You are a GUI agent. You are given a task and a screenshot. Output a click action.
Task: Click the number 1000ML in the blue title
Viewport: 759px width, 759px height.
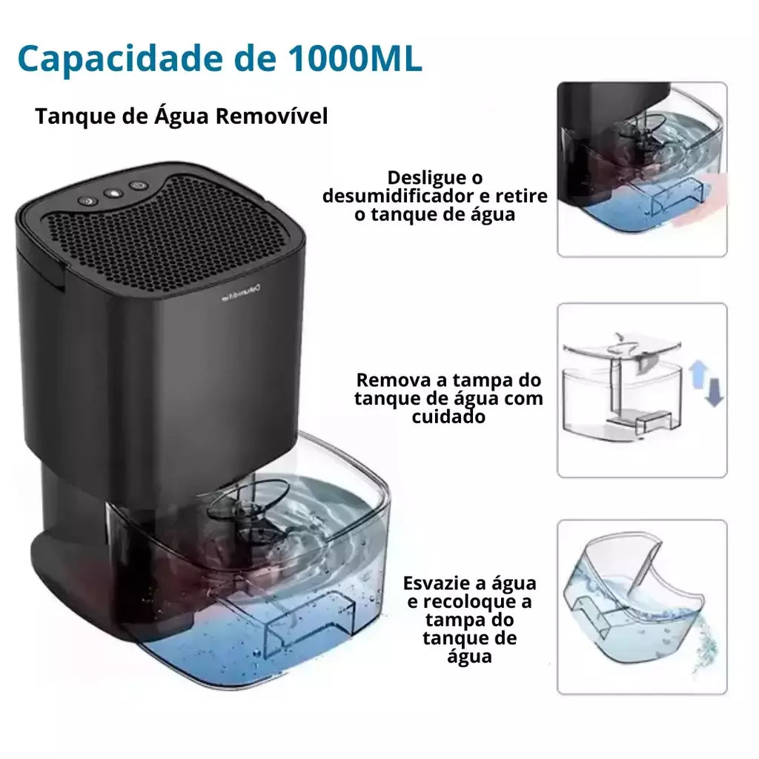click(355, 59)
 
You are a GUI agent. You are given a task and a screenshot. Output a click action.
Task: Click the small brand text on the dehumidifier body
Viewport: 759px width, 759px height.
click(242, 293)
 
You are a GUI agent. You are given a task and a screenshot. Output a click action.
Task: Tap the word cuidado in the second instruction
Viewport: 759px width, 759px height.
click(448, 417)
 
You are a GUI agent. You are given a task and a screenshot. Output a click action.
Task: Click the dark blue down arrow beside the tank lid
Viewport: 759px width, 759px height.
click(714, 391)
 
